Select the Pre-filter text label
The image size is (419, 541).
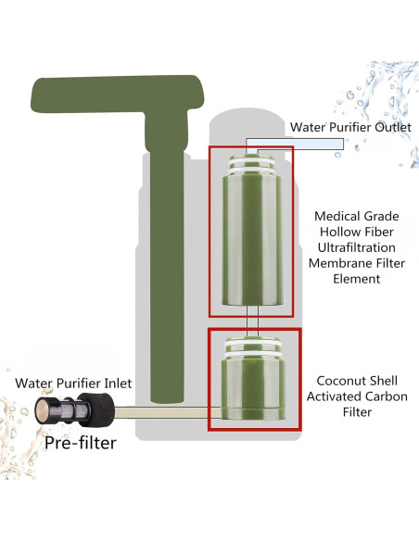point(82,442)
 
